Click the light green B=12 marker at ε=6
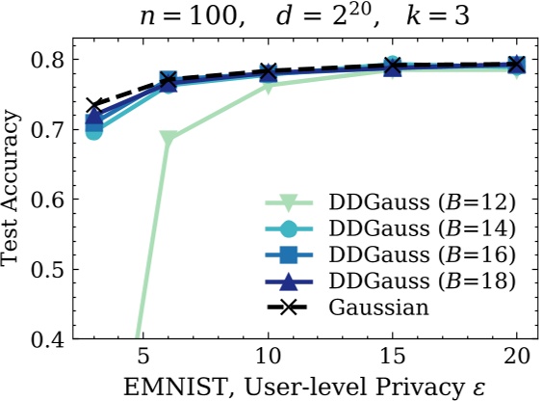168,139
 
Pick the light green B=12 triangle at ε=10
268,86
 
